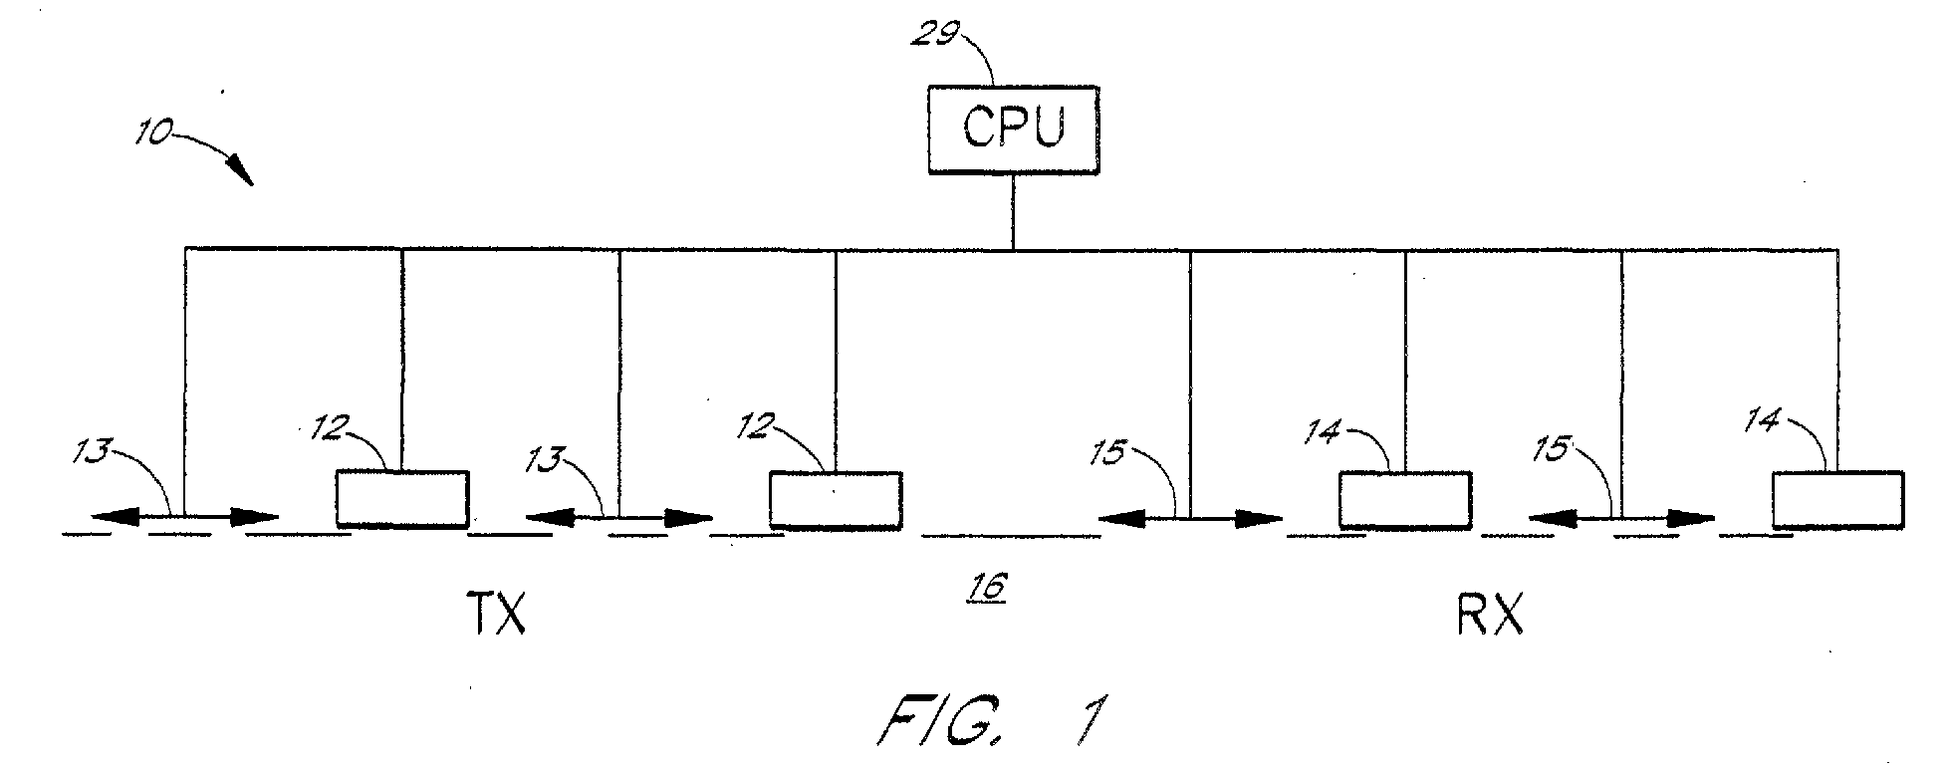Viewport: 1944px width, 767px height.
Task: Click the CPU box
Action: (x=1013, y=130)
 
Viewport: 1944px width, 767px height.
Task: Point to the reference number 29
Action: (x=936, y=36)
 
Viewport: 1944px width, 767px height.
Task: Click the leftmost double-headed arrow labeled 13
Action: (x=185, y=517)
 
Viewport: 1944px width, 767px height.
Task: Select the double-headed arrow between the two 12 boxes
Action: (x=619, y=518)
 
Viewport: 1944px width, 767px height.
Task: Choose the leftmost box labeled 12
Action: (x=402, y=498)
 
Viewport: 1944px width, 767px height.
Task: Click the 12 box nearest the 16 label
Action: (x=836, y=499)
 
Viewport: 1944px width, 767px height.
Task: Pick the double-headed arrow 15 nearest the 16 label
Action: (x=1190, y=518)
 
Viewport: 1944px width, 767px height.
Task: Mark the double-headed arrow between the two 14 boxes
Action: (x=1621, y=518)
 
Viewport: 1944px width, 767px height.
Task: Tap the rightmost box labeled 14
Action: (x=1838, y=499)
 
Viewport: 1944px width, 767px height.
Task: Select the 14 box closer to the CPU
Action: (x=1404, y=499)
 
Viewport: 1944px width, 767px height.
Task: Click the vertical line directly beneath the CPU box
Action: (x=1013, y=211)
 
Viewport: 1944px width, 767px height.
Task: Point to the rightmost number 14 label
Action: (x=1764, y=422)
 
